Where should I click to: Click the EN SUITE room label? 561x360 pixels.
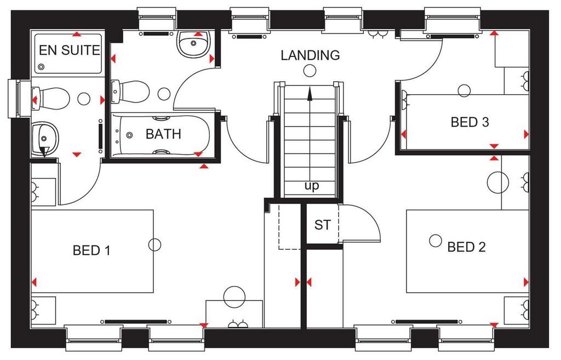pyautogui.click(x=70, y=50)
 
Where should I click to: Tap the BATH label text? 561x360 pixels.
pyautogui.click(x=163, y=134)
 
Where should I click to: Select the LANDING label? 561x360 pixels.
pyautogui.click(x=310, y=55)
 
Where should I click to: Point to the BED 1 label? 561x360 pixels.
pyautogui.click(x=91, y=250)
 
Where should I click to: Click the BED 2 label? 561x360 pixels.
pyautogui.click(x=467, y=247)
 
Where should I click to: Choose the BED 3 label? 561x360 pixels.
pyautogui.click(x=470, y=122)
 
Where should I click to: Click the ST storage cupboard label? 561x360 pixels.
pyautogui.click(x=322, y=225)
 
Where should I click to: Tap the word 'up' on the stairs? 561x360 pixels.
pyautogui.click(x=312, y=186)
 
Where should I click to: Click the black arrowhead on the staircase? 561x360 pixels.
pyautogui.click(x=310, y=94)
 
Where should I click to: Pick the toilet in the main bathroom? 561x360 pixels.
pyautogui.click(x=130, y=92)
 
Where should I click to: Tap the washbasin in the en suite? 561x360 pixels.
pyautogui.click(x=45, y=138)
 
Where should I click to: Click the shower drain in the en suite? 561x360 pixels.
pyautogui.click(x=41, y=67)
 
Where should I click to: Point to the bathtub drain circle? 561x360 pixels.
pyautogui.click(x=129, y=135)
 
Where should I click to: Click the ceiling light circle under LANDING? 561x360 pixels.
pyautogui.click(x=310, y=71)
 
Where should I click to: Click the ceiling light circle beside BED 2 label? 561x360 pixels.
pyautogui.click(x=436, y=241)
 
